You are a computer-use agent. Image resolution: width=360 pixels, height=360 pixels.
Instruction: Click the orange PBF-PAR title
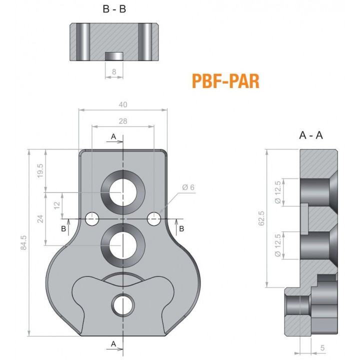pos(225,81)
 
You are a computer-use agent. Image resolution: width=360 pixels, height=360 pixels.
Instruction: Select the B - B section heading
pos(114,9)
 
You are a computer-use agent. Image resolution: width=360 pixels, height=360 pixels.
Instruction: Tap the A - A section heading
pos(311,135)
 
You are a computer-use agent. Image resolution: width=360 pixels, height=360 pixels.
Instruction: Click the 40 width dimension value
pos(123,104)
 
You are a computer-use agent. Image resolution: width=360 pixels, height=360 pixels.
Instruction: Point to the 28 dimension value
pos(123,121)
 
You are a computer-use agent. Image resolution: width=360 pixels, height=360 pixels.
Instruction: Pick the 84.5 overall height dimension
pos(23,242)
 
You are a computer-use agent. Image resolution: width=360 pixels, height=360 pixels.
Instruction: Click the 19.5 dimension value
pos(40,170)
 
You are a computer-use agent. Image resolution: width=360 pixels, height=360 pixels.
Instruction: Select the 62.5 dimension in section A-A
pos(261,218)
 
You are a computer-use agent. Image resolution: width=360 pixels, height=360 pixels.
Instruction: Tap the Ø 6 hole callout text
pos(188,187)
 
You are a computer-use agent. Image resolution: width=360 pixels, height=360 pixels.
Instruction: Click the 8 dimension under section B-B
pos(114,72)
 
